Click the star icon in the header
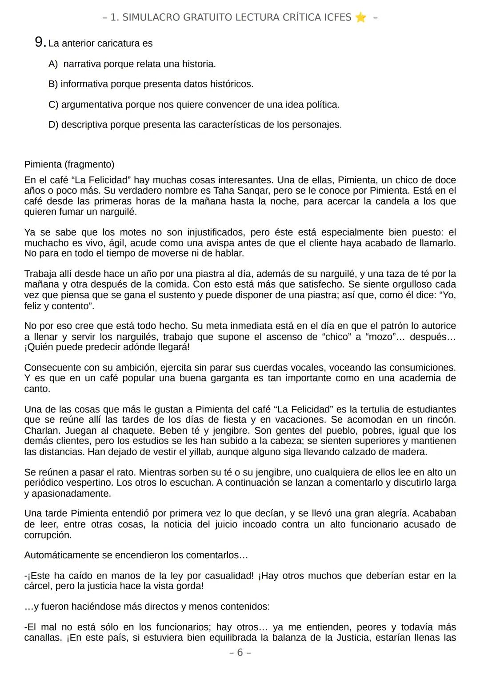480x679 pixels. [x=361, y=17]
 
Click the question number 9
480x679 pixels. [x=40, y=43]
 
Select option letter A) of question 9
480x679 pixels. [x=53, y=64]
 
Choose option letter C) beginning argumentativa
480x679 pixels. [x=53, y=105]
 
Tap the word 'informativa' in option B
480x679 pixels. [x=84, y=84]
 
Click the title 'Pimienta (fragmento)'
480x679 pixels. [x=69, y=164]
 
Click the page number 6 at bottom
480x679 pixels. [x=240, y=652]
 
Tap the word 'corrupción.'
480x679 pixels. [x=48, y=535]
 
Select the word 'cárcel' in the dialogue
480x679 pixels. [x=38, y=586]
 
